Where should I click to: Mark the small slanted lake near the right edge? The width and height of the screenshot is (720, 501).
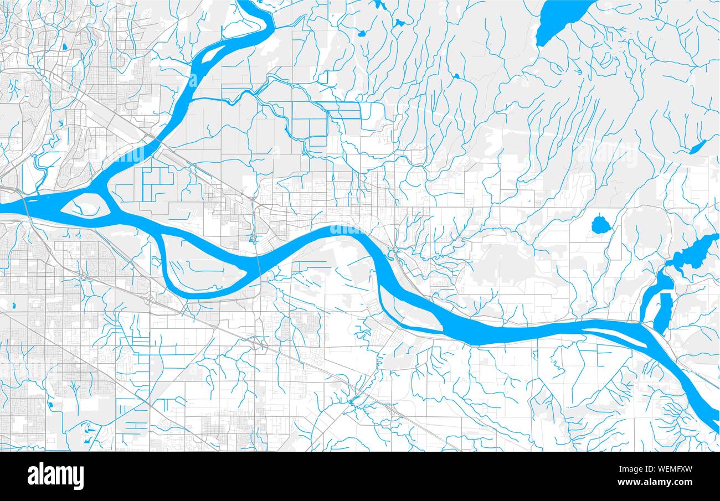click(x=698, y=147)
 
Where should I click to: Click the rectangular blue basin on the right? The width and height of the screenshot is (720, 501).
click(x=664, y=313)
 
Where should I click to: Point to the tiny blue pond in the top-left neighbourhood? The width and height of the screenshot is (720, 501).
click(x=65, y=47)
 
